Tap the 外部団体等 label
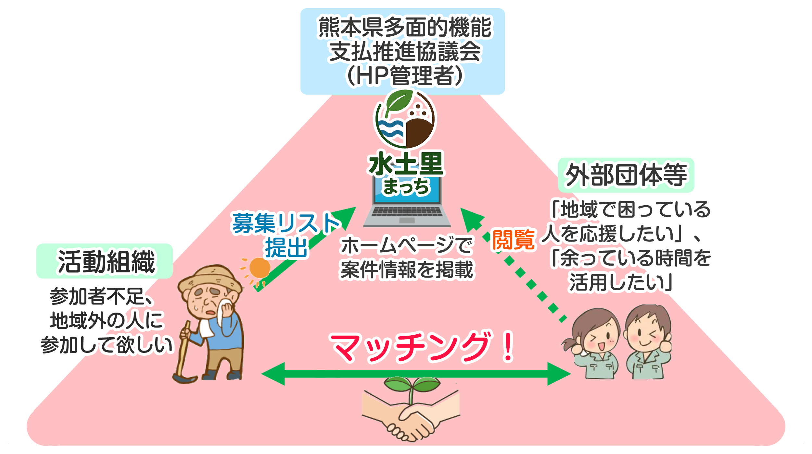626,175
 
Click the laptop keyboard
407,211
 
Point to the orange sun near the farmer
259,268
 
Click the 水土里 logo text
406,164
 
